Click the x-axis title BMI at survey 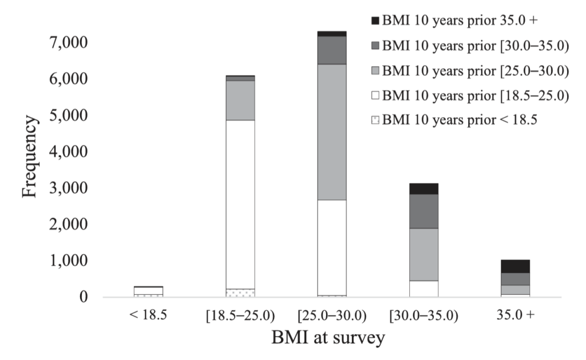click(x=328, y=337)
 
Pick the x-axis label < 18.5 click(x=148, y=314)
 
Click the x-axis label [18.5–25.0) click(x=240, y=314)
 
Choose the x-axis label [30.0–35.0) click(x=423, y=314)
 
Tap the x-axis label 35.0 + click(x=515, y=314)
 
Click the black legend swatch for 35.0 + click(x=375, y=21)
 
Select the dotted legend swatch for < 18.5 click(x=375, y=121)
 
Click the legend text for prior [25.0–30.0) click(x=476, y=71)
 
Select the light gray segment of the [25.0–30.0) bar click(x=332, y=132)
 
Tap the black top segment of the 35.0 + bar click(x=515, y=266)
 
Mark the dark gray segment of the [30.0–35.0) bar click(x=424, y=211)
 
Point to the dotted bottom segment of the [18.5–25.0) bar click(x=240, y=292)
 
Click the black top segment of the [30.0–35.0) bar click(x=424, y=189)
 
